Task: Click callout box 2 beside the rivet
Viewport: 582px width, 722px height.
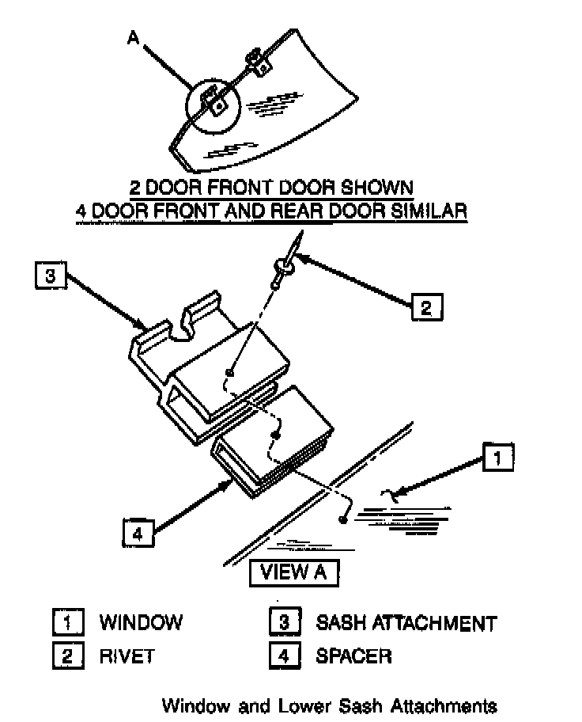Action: (x=425, y=306)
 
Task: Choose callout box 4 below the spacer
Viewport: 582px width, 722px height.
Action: (x=138, y=533)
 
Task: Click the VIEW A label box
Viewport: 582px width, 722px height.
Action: (x=293, y=572)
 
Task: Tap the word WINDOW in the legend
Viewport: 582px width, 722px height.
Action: (x=140, y=622)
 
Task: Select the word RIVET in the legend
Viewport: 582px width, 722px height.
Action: (x=127, y=656)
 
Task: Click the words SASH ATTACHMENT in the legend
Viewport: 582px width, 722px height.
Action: (x=406, y=623)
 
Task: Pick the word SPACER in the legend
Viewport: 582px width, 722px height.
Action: (x=353, y=656)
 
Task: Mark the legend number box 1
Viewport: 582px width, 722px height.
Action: (x=68, y=622)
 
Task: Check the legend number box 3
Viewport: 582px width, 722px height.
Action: (x=285, y=622)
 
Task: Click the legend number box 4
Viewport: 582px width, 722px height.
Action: (x=285, y=656)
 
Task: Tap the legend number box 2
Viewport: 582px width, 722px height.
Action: (x=68, y=656)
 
